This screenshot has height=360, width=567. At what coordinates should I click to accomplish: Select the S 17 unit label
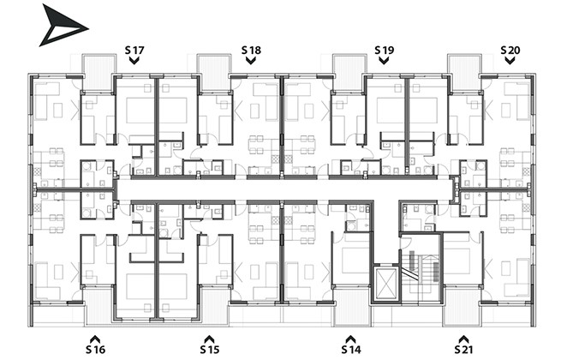click(134, 50)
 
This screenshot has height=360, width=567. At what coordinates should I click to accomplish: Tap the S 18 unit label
click(251, 50)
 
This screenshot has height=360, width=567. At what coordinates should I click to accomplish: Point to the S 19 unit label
click(384, 50)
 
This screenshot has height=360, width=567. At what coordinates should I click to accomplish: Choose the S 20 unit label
click(510, 50)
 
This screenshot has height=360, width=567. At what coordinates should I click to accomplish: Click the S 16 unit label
click(95, 350)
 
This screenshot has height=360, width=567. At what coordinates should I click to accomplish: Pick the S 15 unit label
click(210, 350)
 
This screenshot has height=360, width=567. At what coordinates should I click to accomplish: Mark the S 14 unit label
click(351, 350)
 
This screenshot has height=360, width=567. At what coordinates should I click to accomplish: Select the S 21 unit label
click(463, 350)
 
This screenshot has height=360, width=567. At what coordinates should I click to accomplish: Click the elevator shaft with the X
click(386, 284)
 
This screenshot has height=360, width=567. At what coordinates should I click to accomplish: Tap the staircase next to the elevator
click(421, 268)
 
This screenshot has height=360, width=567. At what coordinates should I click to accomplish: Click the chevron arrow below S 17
click(134, 61)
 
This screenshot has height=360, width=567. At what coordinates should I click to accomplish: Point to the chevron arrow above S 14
click(350, 339)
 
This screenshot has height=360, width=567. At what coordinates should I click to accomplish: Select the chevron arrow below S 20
click(510, 61)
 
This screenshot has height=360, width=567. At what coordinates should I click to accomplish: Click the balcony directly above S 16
click(98, 306)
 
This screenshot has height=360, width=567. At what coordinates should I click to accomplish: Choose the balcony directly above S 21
click(462, 306)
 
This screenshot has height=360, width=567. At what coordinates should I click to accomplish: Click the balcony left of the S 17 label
click(98, 72)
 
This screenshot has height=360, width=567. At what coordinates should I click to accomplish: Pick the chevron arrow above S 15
click(209, 339)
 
